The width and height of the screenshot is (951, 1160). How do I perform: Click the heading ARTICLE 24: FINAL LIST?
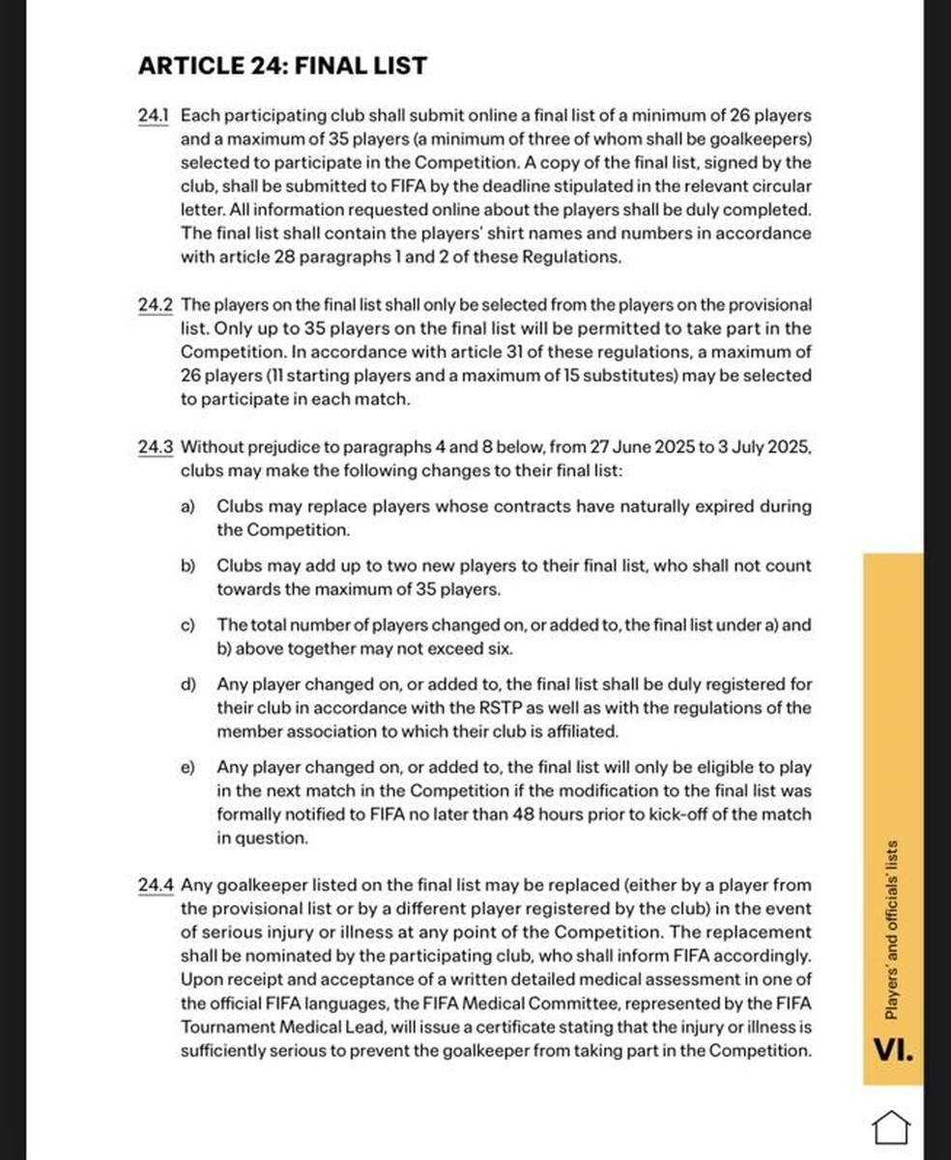(282, 67)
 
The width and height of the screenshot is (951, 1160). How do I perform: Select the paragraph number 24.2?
(156, 305)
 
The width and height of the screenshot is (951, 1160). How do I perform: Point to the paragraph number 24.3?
(156, 447)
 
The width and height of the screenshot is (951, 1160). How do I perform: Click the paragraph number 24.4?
(156, 885)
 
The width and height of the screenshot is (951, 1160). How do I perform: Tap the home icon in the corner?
(891, 1126)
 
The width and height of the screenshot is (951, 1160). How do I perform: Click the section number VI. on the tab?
(891, 1050)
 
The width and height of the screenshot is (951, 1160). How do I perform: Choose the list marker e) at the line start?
(188, 767)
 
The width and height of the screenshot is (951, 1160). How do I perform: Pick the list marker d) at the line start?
(188, 685)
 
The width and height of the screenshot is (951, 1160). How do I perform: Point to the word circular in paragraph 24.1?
(783, 186)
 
